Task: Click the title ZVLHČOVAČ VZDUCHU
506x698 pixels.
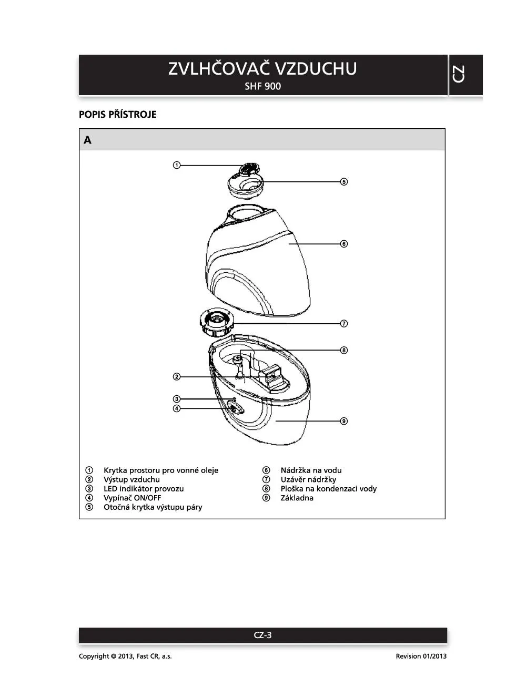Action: tap(262, 69)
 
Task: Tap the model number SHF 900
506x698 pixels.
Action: tap(262, 86)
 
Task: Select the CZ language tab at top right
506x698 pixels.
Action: tap(458, 74)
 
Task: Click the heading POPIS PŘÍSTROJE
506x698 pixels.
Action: tap(118, 115)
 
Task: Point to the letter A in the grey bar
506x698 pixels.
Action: tap(87, 140)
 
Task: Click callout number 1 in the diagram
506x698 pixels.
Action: tap(177, 165)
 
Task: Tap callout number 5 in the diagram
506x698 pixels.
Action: tap(343, 182)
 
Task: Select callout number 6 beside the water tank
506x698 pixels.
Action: tap(343, 244)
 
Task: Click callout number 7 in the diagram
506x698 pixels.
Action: tap(343, 324)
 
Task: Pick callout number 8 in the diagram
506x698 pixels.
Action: tap(343, 350)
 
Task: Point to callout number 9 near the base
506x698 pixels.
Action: tap(343, 421)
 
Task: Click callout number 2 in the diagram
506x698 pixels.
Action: tap(177, 376)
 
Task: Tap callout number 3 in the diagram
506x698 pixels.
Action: tap(177, 399)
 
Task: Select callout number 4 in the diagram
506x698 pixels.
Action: tap(177, 408)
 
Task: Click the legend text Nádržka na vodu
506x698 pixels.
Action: tap(311, 470)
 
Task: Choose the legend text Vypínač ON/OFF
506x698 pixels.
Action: tap(132, 498)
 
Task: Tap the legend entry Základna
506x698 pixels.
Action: tap(297, 498)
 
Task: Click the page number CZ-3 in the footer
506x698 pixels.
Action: tap(262, 635)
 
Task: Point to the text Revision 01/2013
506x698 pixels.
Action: tap(421, 656)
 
